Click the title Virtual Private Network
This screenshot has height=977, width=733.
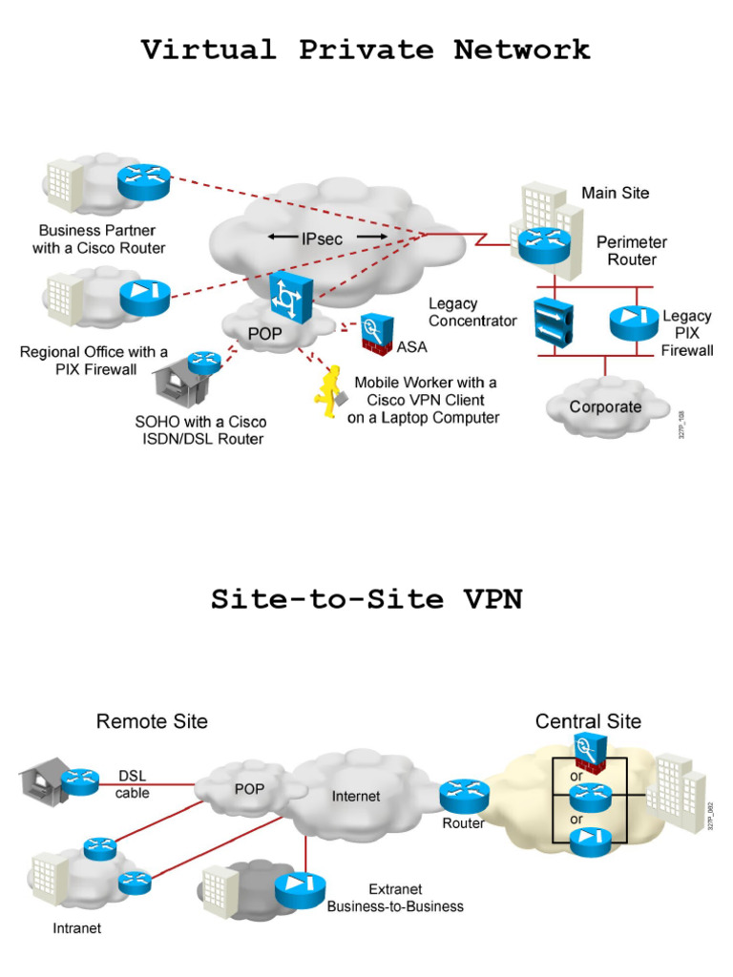366,50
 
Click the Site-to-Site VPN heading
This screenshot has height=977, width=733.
366,599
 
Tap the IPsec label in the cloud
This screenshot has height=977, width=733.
322,239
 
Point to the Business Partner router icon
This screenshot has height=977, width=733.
143,181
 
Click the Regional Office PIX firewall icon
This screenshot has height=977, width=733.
144,297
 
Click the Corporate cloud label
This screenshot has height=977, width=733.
605,407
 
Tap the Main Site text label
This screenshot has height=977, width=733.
616,193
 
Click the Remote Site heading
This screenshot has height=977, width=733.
152,721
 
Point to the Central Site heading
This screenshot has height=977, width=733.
588,721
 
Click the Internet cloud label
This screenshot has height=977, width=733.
355,797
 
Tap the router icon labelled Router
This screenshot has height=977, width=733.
464,795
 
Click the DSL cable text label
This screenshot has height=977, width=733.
133,784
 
